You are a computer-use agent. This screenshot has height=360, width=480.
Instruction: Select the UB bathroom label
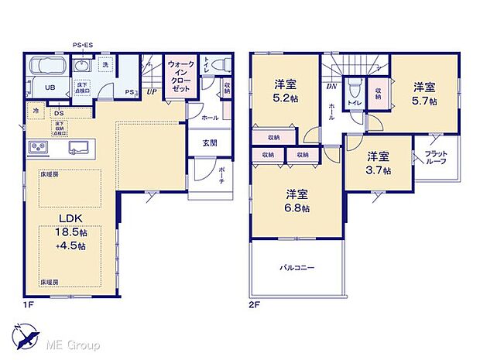48,87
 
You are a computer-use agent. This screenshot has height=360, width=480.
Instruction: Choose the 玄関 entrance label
210,142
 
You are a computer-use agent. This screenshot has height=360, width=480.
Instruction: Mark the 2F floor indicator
253,305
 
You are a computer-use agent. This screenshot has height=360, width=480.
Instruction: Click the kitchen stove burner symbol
38,147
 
